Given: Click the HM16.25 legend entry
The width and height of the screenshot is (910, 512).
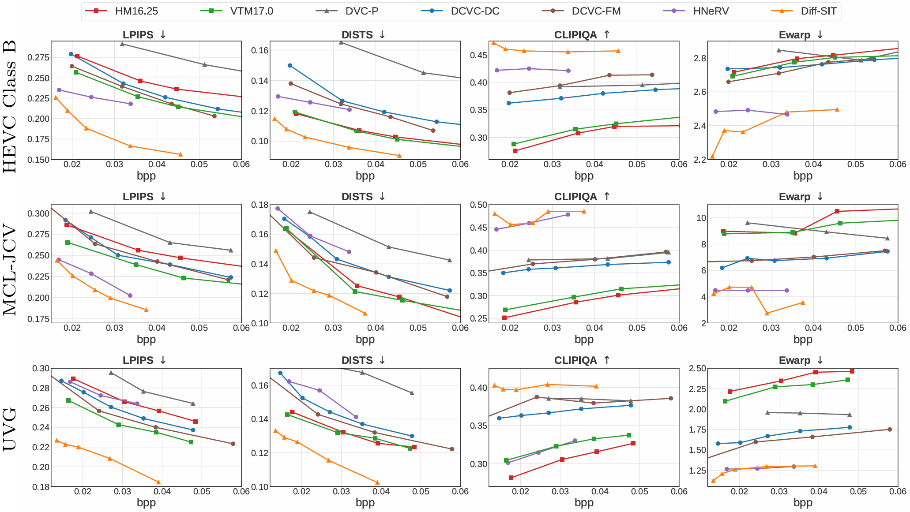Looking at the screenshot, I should coord(136,11).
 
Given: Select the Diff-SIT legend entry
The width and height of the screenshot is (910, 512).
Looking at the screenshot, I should coord(818,11).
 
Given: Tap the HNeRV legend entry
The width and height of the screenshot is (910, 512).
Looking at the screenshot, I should coord(711,11).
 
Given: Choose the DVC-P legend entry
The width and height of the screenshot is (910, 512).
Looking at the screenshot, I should coord(361,11).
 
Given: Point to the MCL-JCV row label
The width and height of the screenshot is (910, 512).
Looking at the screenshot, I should coord(10,270).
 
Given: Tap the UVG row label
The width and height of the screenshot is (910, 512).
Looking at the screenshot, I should coord(10,429).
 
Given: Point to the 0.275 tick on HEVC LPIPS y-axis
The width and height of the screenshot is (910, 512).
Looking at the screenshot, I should coord(38,57).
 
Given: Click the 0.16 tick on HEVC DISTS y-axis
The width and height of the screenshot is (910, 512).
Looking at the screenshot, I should coord(260,50).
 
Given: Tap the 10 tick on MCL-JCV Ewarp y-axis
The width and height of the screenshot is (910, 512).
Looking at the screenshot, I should coord(701,218).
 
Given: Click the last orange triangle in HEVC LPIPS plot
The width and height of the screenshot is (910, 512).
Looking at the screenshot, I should coord(180,154).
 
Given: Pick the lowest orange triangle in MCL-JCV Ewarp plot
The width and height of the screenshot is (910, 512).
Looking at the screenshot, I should coord(767,313).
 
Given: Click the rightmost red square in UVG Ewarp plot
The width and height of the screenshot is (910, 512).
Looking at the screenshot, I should coord(852,371).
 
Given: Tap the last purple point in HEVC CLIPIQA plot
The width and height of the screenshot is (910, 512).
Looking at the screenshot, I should coord(568,71).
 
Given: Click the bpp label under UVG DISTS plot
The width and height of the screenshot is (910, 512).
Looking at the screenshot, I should coord(365,503).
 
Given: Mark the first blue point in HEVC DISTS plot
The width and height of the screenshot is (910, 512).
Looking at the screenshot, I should coord(290,65).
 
